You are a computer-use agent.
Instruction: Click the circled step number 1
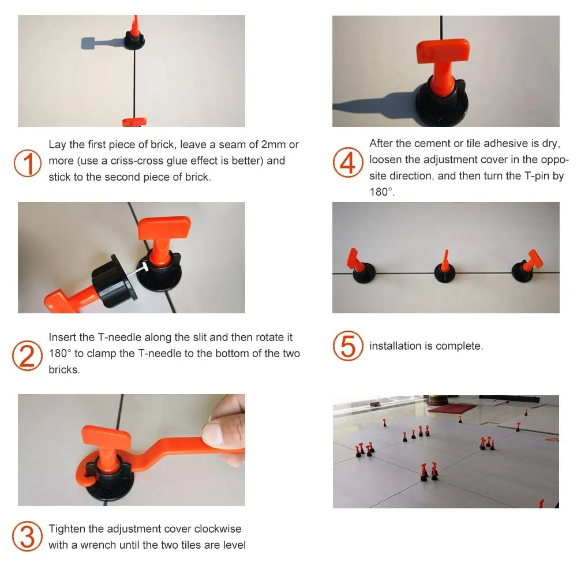point(27,163)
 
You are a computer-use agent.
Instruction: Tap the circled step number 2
point(27,355)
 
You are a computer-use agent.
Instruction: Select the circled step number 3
point(27,536)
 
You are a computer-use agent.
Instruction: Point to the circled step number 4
point(348,162)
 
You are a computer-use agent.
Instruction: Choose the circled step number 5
point(348,346)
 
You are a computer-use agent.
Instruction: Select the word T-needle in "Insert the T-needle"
point(119,337)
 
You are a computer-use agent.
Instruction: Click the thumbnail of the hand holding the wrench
point(132,449)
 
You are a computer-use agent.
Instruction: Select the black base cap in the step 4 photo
point(441,103)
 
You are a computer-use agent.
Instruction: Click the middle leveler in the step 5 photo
point(444,268)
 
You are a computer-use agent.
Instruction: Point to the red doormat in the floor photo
point(451,408)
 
